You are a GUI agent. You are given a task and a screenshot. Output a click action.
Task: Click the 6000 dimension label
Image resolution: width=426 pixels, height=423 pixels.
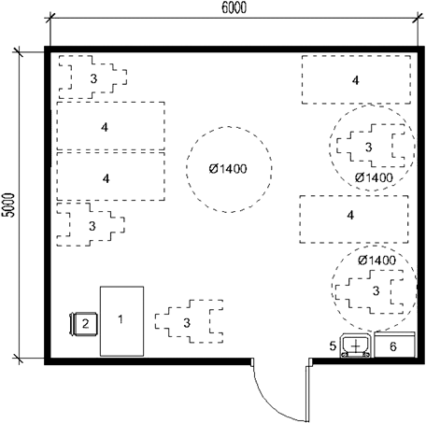click(234, 7)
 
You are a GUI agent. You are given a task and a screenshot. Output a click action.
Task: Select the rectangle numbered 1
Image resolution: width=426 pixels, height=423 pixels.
click(121, 321)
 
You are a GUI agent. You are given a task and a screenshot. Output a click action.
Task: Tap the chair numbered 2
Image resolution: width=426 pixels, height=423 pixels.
click(83, 324)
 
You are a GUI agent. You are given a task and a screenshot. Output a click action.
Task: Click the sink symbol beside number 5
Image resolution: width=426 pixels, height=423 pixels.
click(355, 345)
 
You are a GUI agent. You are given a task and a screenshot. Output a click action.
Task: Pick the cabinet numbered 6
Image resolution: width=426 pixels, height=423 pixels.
click(394, 345)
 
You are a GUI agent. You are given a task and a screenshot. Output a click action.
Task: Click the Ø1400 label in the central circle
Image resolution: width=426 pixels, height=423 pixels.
click(228, 169)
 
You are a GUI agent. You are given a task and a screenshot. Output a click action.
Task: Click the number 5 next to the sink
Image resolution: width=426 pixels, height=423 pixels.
click(333, 345)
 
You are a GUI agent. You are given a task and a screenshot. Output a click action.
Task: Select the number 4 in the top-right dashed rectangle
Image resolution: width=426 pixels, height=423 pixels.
click(356, 80)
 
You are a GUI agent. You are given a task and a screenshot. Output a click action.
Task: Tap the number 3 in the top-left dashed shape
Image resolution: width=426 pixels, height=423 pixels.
click(93, 78)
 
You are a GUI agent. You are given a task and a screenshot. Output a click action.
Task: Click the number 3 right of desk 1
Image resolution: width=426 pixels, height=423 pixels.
click(187, 323)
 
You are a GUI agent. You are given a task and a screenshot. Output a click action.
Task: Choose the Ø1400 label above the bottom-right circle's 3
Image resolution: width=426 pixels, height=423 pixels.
click(376, 261)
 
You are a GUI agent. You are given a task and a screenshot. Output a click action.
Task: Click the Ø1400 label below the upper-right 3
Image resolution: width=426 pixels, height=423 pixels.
click(374, 177)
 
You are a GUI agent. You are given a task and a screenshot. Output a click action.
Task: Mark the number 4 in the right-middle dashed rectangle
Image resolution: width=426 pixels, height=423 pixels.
click(350, 215)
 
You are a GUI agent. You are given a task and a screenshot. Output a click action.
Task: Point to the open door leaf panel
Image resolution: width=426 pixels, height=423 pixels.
click(307, 393)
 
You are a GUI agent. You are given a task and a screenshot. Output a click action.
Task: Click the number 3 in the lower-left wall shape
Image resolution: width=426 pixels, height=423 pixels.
click(92, 226)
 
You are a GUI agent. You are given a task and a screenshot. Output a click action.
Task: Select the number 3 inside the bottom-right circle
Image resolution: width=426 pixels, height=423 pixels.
click(376, 290)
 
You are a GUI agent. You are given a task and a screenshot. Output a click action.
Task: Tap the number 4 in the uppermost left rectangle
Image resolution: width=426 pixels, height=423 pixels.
click(105, 127)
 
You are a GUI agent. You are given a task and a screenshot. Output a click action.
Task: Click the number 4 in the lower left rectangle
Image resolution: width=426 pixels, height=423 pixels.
click(106, 178)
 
